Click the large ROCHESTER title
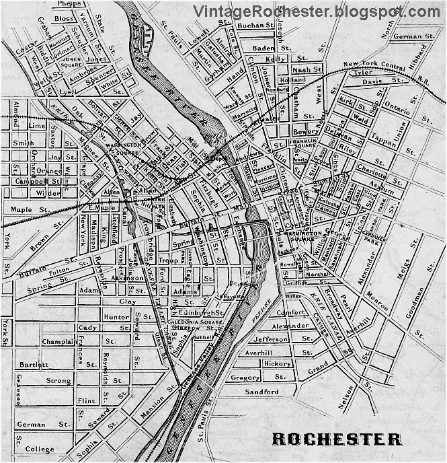click(337, 439)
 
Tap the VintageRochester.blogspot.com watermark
click(316, 11)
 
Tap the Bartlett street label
click(34, 364)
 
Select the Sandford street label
click(261, 392)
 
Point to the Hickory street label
click(277, 363)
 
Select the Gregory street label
click(245, 378)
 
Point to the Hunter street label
click(116, 316)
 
